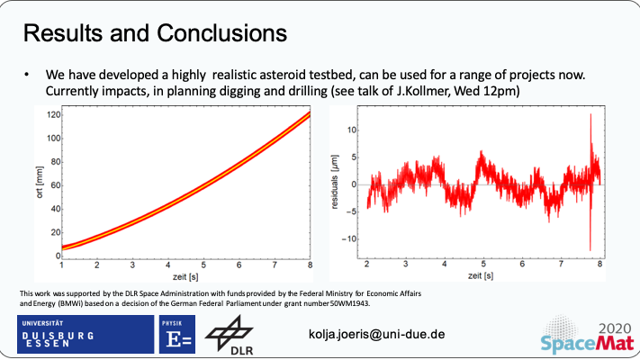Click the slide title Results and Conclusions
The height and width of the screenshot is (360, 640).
point(155,33)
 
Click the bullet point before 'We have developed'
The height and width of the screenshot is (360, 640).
point(27,75)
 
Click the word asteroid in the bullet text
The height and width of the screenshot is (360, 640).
point(252,75)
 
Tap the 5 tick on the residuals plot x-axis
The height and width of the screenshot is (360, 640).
point(484,265)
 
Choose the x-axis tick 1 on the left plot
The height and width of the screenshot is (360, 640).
point(61,265)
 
